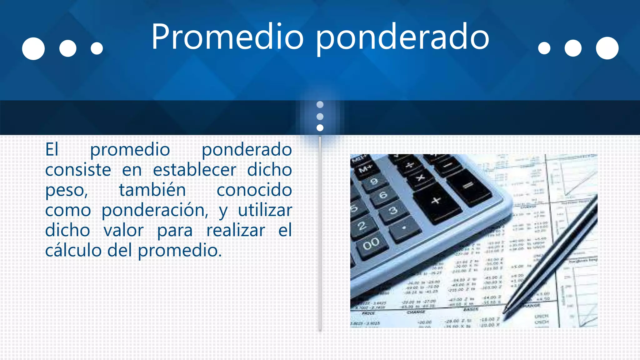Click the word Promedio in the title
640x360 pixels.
tap(227, 37)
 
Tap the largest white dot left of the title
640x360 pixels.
tap(33, 48)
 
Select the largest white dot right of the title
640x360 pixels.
tap(607, 48)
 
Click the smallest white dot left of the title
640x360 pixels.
tap(97, 48)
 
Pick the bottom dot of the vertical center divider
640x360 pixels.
tap(320, 128)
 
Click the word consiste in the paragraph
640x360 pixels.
tap(78, 170)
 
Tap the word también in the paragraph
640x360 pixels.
tap(152, 190)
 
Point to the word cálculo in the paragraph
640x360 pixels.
tap(73, 251)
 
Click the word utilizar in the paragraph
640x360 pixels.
tap(265, 210)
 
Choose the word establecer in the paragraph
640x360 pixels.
tap(194, 170)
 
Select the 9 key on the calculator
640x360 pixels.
tap(374, 181)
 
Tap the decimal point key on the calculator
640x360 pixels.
tap(404, 228)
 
